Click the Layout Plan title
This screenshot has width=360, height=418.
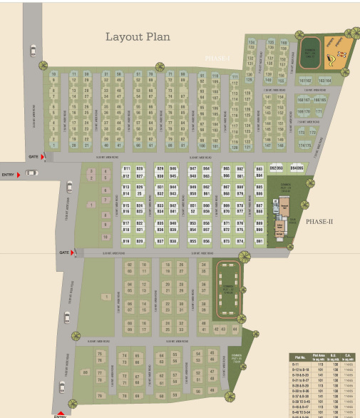(x=138, y=37)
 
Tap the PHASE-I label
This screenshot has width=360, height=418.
(x=218, y=58)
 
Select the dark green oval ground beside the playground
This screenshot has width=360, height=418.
(x=311, y=52)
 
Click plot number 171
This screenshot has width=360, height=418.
(x=319, y=112)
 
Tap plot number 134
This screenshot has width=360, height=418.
(x=251, y=43)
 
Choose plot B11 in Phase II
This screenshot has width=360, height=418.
(x=127, y=168)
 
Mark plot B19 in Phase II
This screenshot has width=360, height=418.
(x=127, y=241)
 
